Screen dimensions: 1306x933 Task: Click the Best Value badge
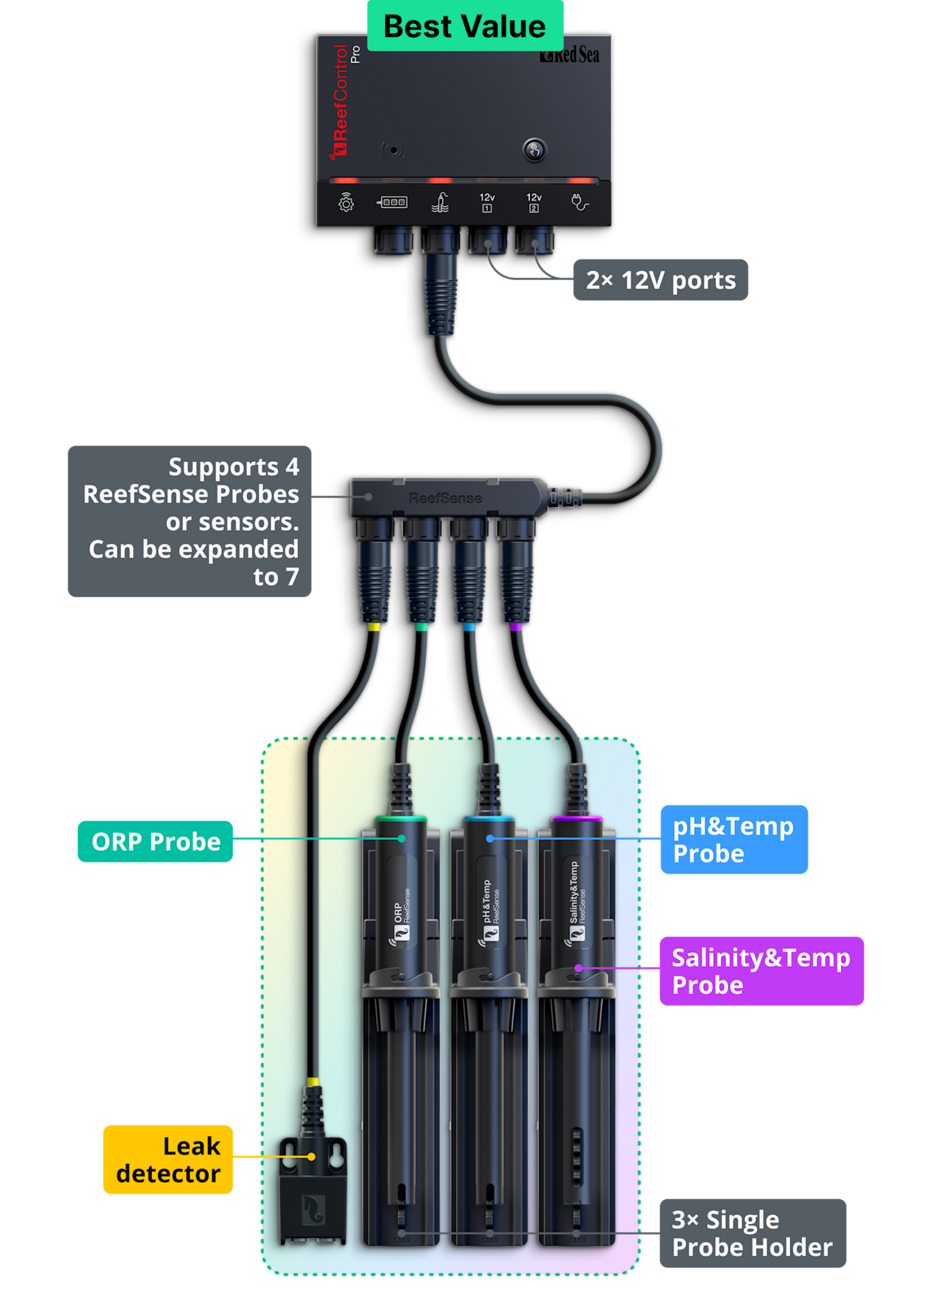[x=465, y=26]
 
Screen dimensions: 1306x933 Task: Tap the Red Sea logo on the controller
[x=569, y=55]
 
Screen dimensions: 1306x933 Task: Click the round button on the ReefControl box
[x=534, y=150]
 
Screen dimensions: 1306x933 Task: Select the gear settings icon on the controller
[x=346, y=202]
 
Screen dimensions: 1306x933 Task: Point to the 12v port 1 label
[x=487, y=202]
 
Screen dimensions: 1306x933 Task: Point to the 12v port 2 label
[x=534, y=202]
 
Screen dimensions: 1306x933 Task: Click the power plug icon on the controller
[x=579, y=202]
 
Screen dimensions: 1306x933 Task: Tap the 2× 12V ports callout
[x=660, y=280]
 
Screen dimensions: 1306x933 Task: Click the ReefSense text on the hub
[x=444, y=498]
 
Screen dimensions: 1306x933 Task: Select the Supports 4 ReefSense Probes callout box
[x=190, y=522]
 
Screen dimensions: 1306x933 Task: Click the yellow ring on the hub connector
[x=373, y=627]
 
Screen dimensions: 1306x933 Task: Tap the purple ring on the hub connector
[x=516, y=627]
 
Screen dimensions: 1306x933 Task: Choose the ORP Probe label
[x=155, y=841]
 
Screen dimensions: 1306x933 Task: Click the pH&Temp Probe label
[x=734, y=839]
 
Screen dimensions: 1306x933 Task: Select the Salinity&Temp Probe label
[x=761, y=971]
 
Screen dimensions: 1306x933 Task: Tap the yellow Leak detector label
[x=168, y=1160]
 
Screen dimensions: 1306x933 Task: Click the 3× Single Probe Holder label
[x=752, y=1233]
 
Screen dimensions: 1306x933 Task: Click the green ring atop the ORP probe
[x=401, y=818]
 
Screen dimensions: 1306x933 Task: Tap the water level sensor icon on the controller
[x=440, y=202]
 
